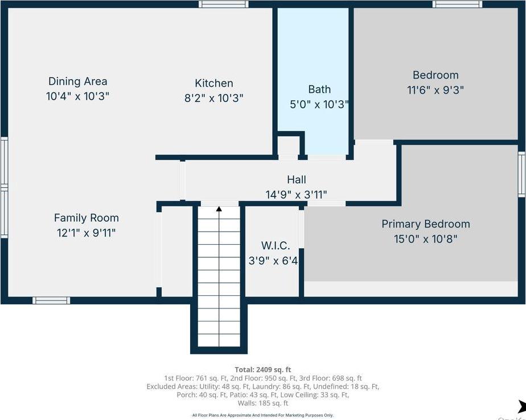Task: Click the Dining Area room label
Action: click(77, 81)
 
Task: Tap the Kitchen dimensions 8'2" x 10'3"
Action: click(213, 98)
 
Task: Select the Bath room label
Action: click(319, 89)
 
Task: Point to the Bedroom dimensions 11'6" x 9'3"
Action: click(435, 90)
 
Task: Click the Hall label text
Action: click(296, 180)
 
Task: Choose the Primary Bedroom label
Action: click(425, 224)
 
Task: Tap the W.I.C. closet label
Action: click(276, 246)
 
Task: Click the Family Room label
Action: click(86, 217)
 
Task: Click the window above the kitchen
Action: click(223, 4)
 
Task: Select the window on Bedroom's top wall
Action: click(457, 4)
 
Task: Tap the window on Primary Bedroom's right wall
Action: click(521, 175)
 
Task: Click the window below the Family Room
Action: click(51, 300)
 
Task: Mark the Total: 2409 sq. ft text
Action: click(262, 369)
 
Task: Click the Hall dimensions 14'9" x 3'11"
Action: click(296, 195)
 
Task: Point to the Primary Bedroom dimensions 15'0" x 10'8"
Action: click(425, 239)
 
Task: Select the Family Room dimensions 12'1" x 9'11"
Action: click(86, 232)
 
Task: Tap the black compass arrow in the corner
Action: click(521, 406)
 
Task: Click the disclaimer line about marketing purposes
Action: click(262, 415)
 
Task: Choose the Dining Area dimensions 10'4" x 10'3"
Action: click(77, 96)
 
